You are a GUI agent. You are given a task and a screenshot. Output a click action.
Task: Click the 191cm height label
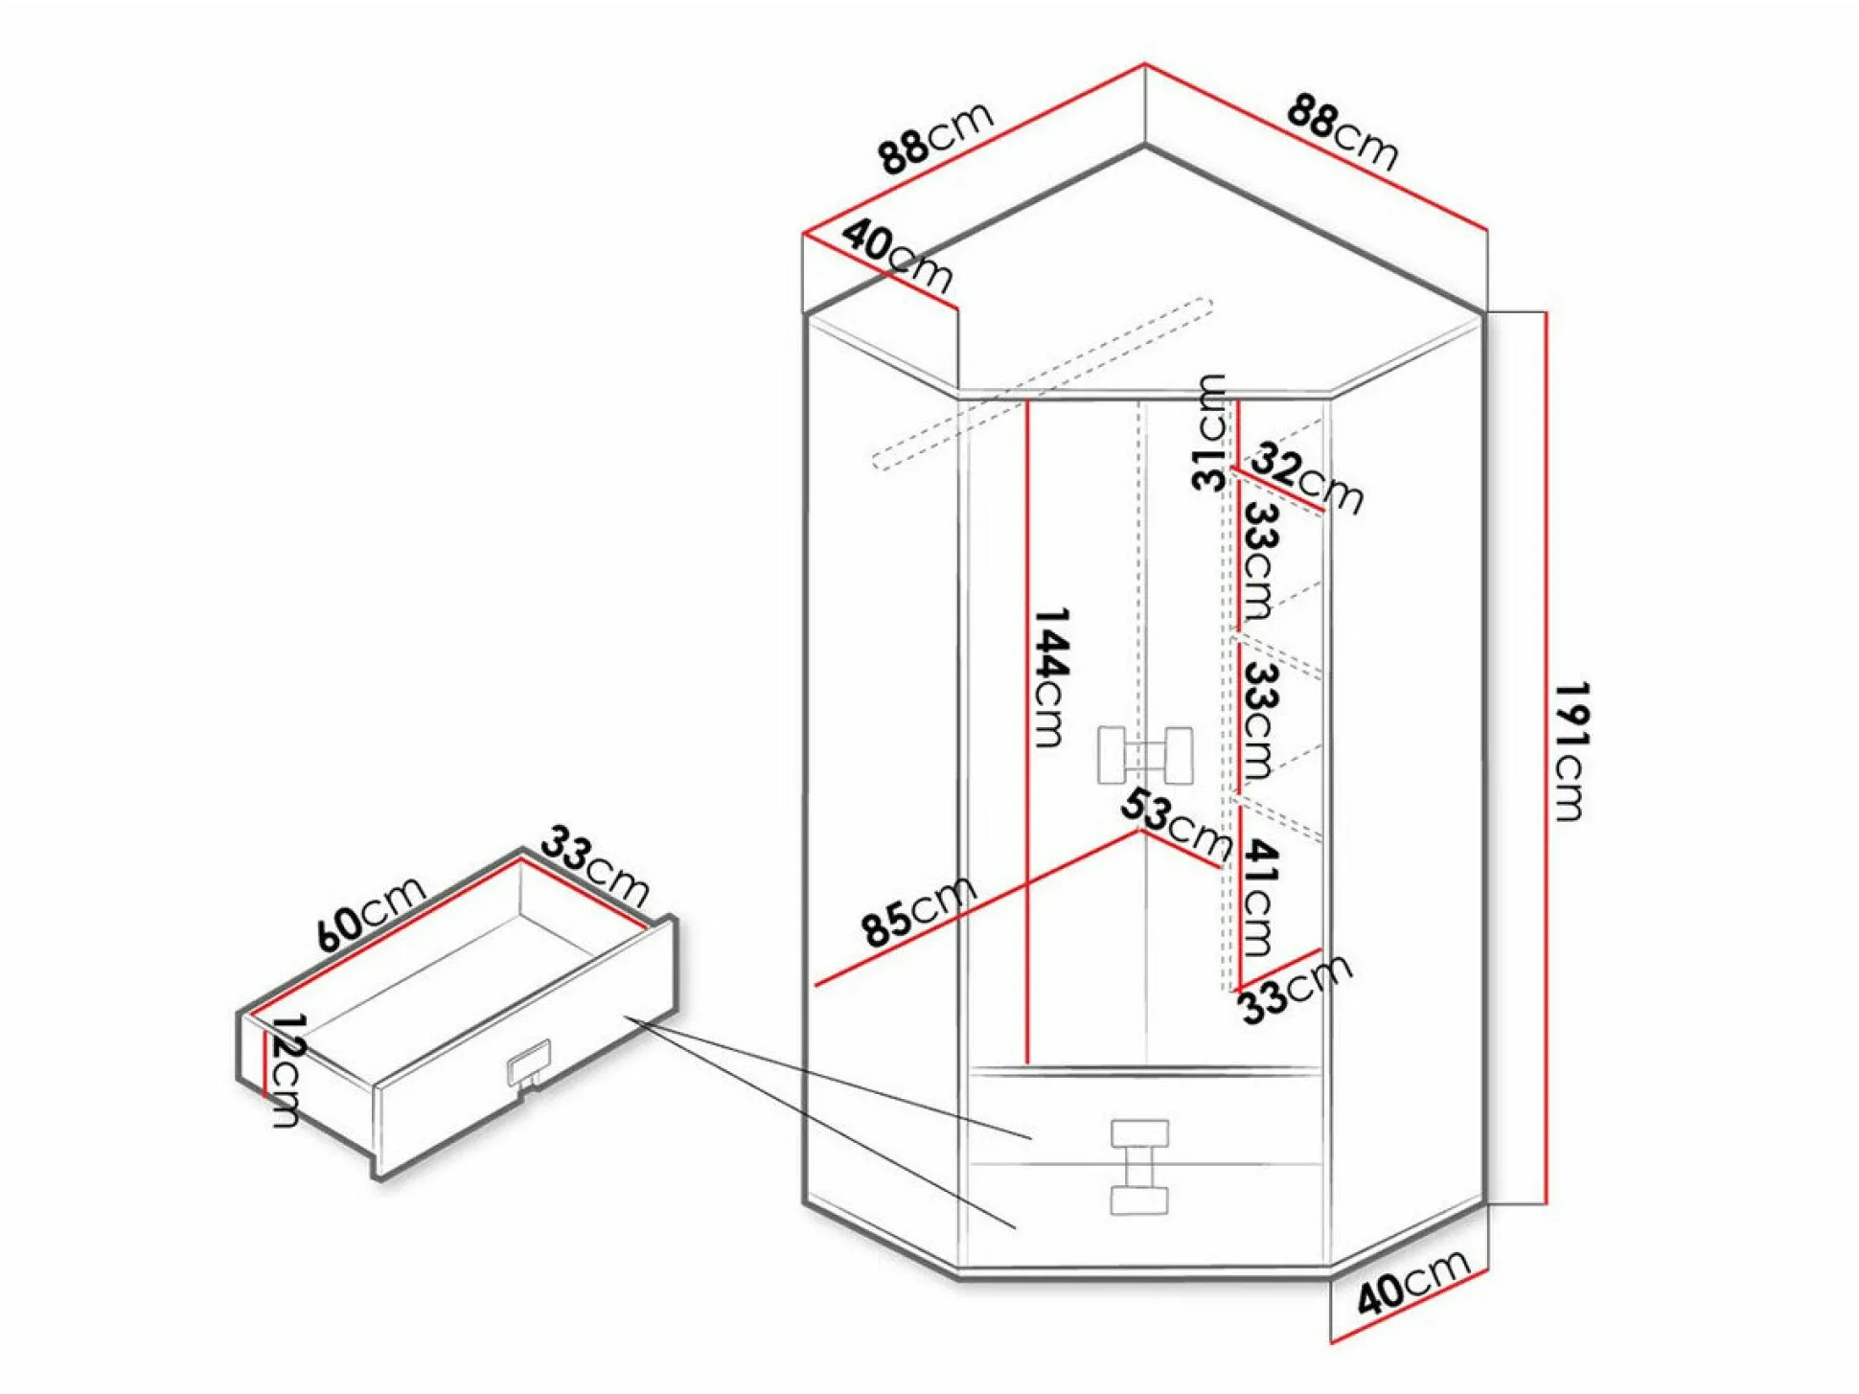tap(1572, 752)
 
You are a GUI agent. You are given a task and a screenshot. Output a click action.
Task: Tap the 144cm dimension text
tap(1050, 676)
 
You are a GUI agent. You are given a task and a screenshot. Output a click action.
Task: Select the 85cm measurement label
tap(918, 912)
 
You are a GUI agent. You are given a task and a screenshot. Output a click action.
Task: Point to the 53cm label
tap(1177, 823)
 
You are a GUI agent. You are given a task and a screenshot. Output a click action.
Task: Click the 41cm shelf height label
tap(1261, 898)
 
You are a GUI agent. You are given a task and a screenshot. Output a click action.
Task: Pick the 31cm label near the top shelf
tap(1209, 432)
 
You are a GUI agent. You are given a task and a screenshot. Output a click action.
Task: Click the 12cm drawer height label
tap(285, 1069)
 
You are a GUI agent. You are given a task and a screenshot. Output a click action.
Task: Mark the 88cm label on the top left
tap(936, 138)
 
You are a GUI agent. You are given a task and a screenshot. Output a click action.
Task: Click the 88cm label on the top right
tap(1343, 131)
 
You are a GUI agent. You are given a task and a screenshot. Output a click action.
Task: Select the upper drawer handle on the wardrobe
tap(1139, 1133)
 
